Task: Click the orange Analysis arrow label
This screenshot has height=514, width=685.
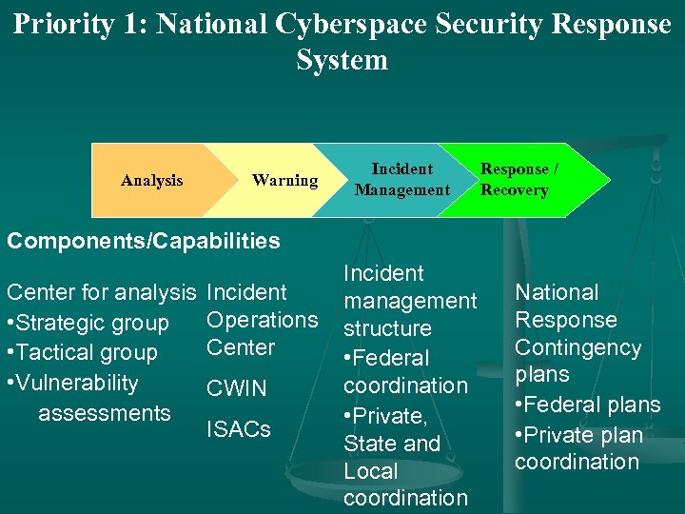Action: pyautogui.click(x=152, y=180)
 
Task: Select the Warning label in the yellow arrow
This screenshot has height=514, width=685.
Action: pyautogui.click(x=284, y=180)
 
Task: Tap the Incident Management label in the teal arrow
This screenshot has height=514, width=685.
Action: pyautogui.click(x=401, y=180)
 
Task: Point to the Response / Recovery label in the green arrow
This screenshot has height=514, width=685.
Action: pyautogui.click(x=519, y=180)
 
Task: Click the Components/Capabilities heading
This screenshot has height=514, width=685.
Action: pyautogui.click(x=144, y=241)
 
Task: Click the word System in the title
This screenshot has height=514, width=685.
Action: pyautogui.click(x=342, y=60)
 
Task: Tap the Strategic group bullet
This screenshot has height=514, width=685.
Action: pyautogui.click(x=88, y=324)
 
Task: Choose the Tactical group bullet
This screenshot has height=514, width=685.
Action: pyautogui.click(x=82, y=353)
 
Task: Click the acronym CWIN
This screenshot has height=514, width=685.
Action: pyautogui.click(x=237, y=388)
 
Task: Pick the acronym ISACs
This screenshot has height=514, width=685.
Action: pyautogui.click(x=239, y=429)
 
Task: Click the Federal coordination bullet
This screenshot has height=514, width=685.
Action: pyautogui.click(x=405, y=372)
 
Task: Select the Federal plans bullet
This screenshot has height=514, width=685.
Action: pyautogui.click(x=587, y=405)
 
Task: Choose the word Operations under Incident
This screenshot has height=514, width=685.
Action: pyautogui.click(x=262, y=320)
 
